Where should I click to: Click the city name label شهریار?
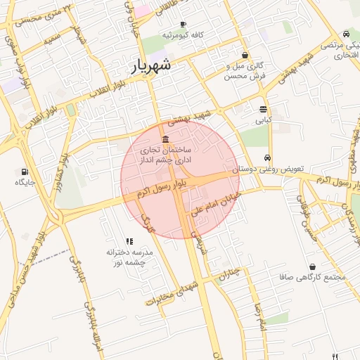point(151,67)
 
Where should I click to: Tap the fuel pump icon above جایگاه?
point(25,172)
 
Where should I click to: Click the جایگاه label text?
point(25,183)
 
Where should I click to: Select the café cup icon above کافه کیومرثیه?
point(183,24)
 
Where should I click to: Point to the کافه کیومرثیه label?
point(183,34)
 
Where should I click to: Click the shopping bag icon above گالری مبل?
point(245,56)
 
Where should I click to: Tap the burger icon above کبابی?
point(263,109)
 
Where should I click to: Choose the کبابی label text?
point(263,120)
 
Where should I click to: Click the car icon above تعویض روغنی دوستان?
point(268,158)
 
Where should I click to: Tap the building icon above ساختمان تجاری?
point(165,139)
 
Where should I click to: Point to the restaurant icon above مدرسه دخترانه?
point(129,241)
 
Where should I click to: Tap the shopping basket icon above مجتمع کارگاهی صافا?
point(312,266)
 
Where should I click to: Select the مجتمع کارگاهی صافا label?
point(313,278)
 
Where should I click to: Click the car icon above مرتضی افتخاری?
point(346,34)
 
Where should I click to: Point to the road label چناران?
point(229,272)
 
